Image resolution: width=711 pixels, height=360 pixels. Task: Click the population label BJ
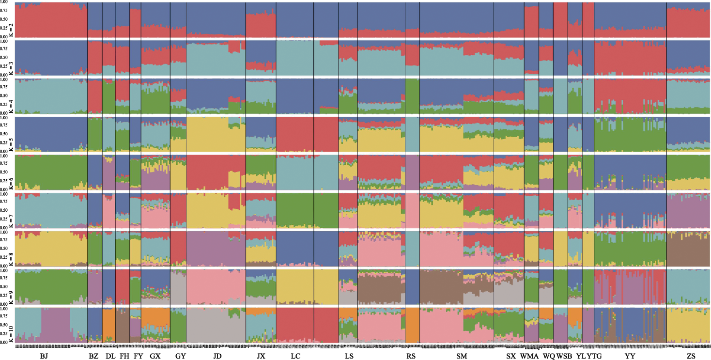[x=44, y=356]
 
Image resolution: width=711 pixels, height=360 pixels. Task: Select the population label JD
[x=217, y=356]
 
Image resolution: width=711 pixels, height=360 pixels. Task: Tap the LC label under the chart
[x=295, y=356]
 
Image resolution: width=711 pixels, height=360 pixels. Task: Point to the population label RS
[x=411, y=356]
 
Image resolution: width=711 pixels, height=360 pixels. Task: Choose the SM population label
[x=462, y=356]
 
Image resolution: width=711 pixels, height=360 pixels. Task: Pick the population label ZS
[x=691, y=356]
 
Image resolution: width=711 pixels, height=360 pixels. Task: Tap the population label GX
[x=155, y=356]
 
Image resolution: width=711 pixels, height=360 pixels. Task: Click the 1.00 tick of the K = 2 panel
[x=4, y=4]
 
